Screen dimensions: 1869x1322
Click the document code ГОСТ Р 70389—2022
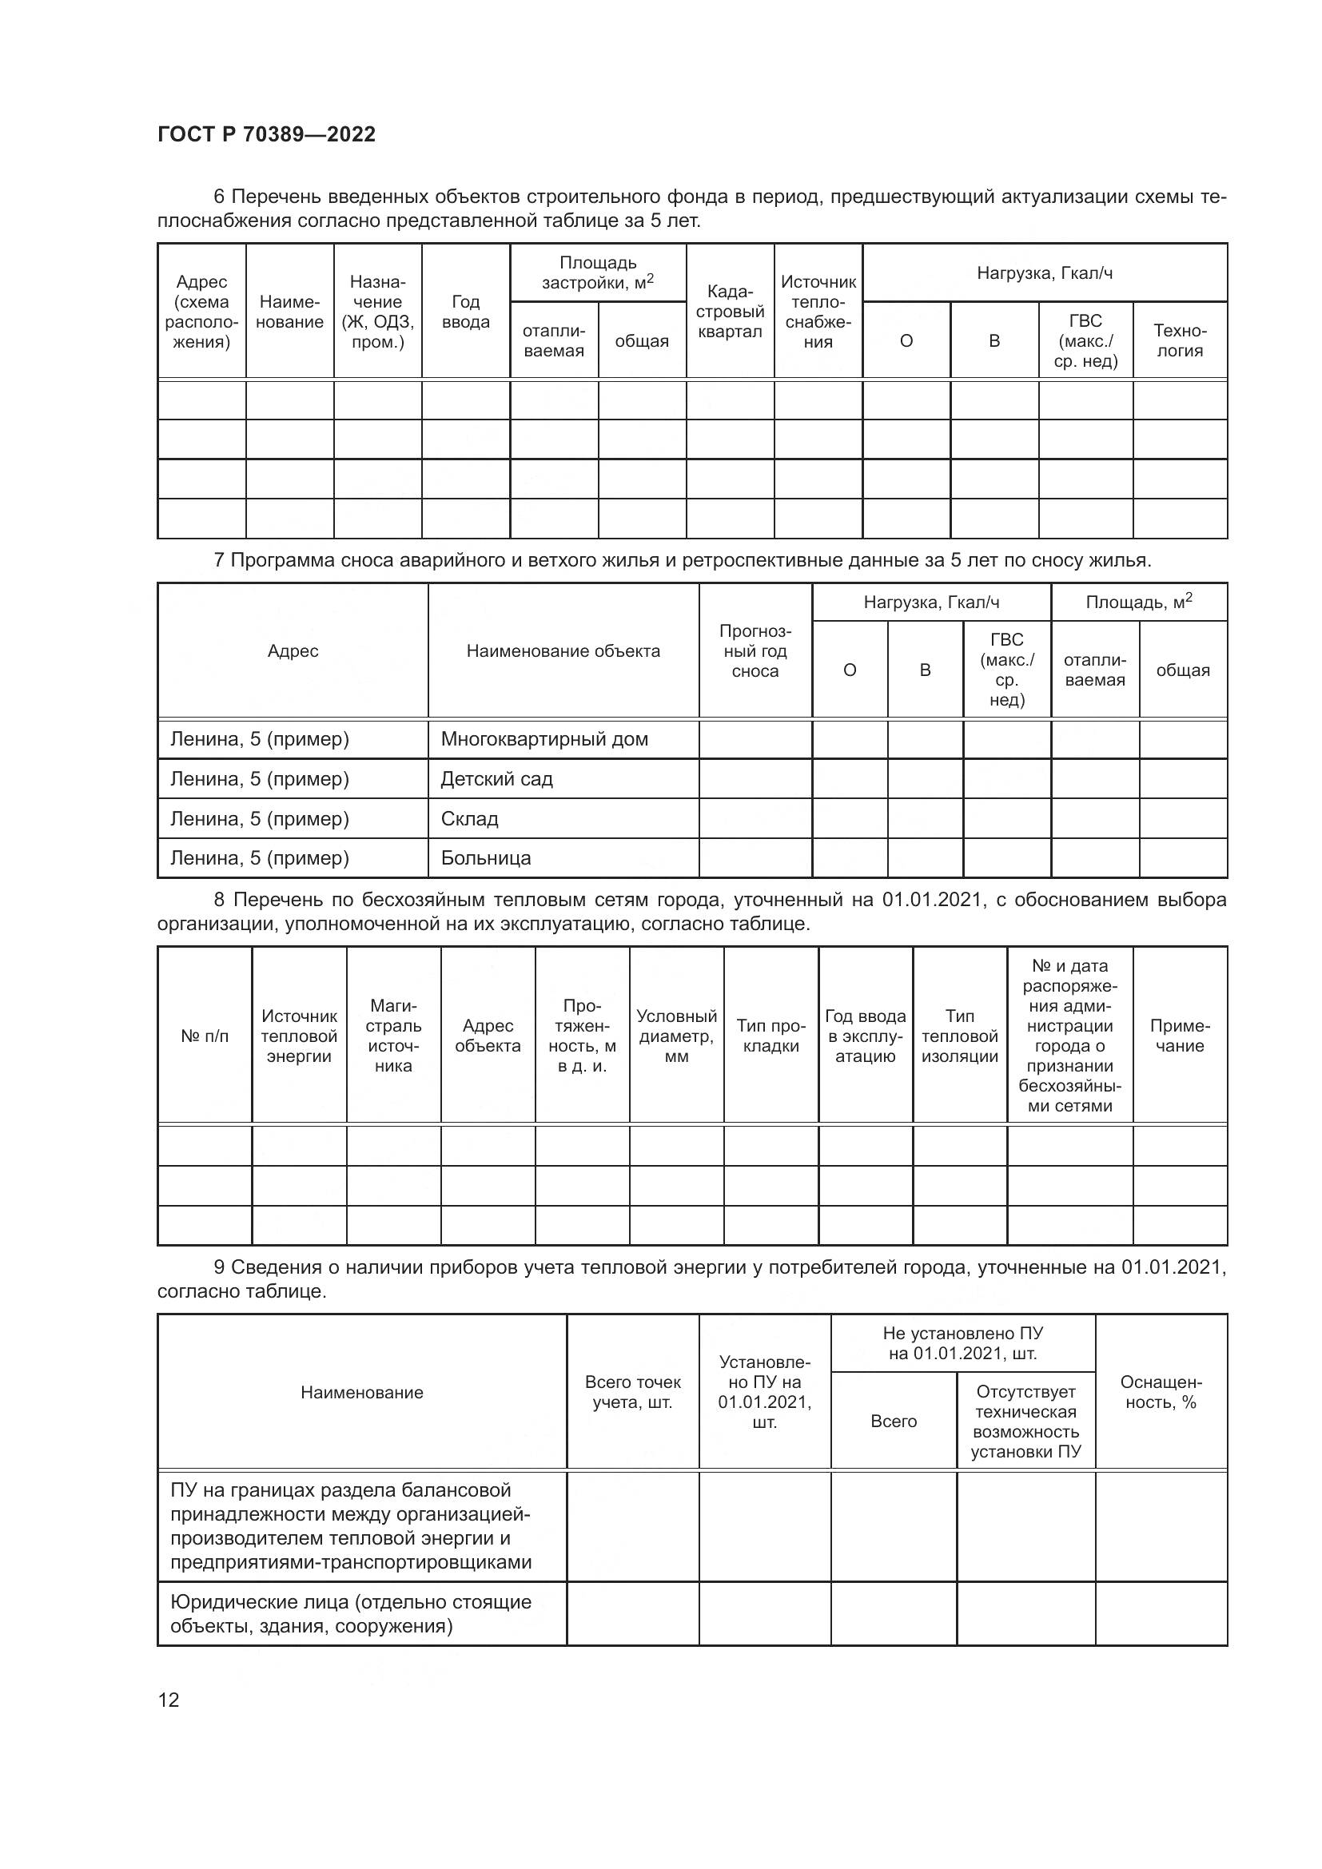266,134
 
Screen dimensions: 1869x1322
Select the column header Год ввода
466,312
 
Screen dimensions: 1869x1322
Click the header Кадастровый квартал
730,312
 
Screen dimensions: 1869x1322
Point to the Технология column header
1180,340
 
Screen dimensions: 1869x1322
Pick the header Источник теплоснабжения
818,312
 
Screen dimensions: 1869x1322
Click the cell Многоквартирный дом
544,739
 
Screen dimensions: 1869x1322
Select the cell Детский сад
496,779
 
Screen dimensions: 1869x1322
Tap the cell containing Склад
469,819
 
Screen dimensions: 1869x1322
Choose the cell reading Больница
485,858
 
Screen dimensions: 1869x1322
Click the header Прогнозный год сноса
755,651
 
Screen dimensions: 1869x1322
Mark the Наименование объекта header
563,651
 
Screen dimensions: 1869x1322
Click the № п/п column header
205,1036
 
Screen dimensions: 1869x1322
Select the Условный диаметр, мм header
676,1036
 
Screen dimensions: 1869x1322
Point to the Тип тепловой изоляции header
960,1036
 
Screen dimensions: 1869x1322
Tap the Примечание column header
1180,1036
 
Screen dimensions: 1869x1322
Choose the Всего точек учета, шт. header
632,1392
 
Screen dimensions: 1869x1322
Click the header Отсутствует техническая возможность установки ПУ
1025,1422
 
